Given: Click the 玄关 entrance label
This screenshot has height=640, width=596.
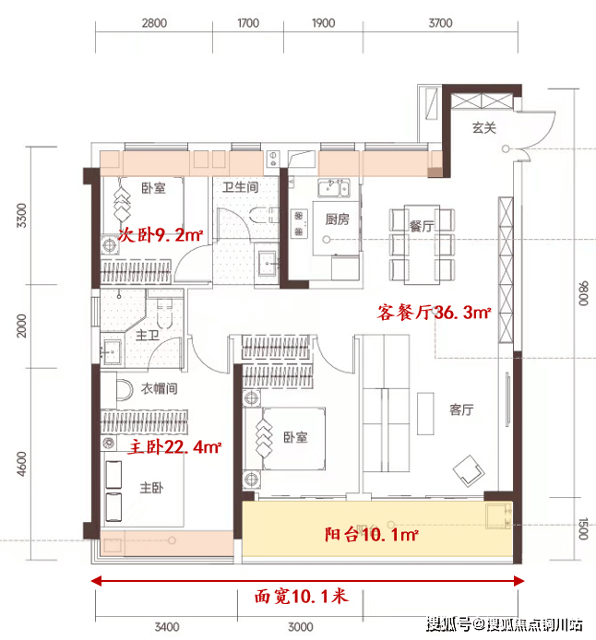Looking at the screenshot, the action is (484, 128).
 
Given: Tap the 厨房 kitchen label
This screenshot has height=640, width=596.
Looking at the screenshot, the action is (337, 219).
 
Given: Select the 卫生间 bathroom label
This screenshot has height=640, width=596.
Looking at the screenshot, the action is (241, 187).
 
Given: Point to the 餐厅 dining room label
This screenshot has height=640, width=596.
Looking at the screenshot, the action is (422, 226).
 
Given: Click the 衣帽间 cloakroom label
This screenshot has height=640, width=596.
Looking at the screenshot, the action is (160, 388).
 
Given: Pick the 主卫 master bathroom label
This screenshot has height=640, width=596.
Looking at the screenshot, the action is (148, 336).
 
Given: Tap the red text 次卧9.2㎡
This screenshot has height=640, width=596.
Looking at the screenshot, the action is (161, 235).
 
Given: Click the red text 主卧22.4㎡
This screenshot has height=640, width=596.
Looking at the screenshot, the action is (174, 447).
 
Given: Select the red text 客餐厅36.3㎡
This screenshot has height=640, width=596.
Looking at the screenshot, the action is (434, 313).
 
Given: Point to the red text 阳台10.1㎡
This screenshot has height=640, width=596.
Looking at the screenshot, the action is (372, 534).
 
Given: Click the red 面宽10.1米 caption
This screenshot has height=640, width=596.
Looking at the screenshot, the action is (302, 597).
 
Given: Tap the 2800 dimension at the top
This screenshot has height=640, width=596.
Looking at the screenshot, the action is (154, 23).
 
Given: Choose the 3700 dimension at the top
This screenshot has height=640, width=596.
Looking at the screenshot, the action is (440, 23).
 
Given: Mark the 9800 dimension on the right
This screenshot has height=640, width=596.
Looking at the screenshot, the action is (583, 293).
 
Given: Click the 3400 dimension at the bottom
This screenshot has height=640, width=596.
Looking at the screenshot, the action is (167, 626).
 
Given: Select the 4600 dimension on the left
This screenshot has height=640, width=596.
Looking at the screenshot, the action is (21, 464).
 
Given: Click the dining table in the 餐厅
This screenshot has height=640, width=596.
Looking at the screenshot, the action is (422, 244).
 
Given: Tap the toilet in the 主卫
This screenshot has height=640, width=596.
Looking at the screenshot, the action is (164, 314).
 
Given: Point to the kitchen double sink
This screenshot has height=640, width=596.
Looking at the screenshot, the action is (334, 188).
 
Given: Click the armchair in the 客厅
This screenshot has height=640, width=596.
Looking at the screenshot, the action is (469, 470).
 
